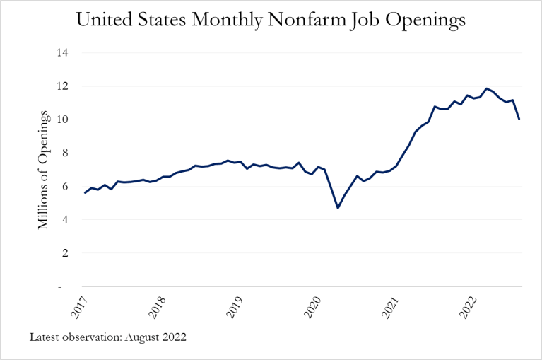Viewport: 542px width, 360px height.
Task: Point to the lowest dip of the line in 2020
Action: [x=338, y=207]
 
